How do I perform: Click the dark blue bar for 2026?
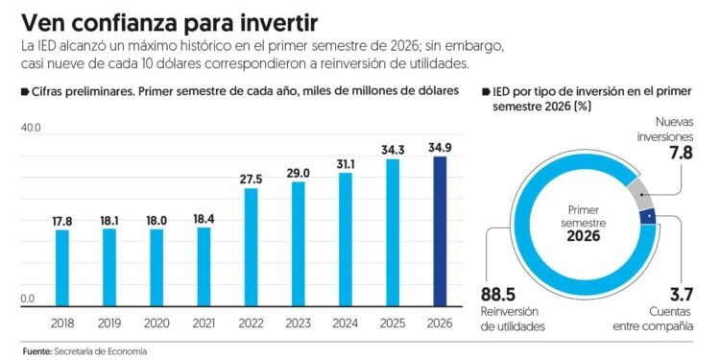[440, 231]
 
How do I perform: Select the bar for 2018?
[62, 268]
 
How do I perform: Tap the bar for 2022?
[251, 247]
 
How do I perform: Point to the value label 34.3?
[393, 150]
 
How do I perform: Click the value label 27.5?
[251, 180]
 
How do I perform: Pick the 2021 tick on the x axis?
[204, 324]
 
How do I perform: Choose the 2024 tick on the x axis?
[346, 324]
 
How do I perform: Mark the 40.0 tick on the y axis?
[32, 128]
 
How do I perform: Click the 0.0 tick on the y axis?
[28, 300]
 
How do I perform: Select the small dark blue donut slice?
[647, 216]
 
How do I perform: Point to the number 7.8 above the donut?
[680, 153]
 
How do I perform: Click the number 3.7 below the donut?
[680, 294]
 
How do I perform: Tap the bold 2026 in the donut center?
[583, 236]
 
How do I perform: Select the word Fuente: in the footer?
[36, 351]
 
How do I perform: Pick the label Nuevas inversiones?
[669, 130]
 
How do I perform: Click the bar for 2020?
[156, 268]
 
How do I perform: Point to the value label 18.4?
[204, 219]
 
